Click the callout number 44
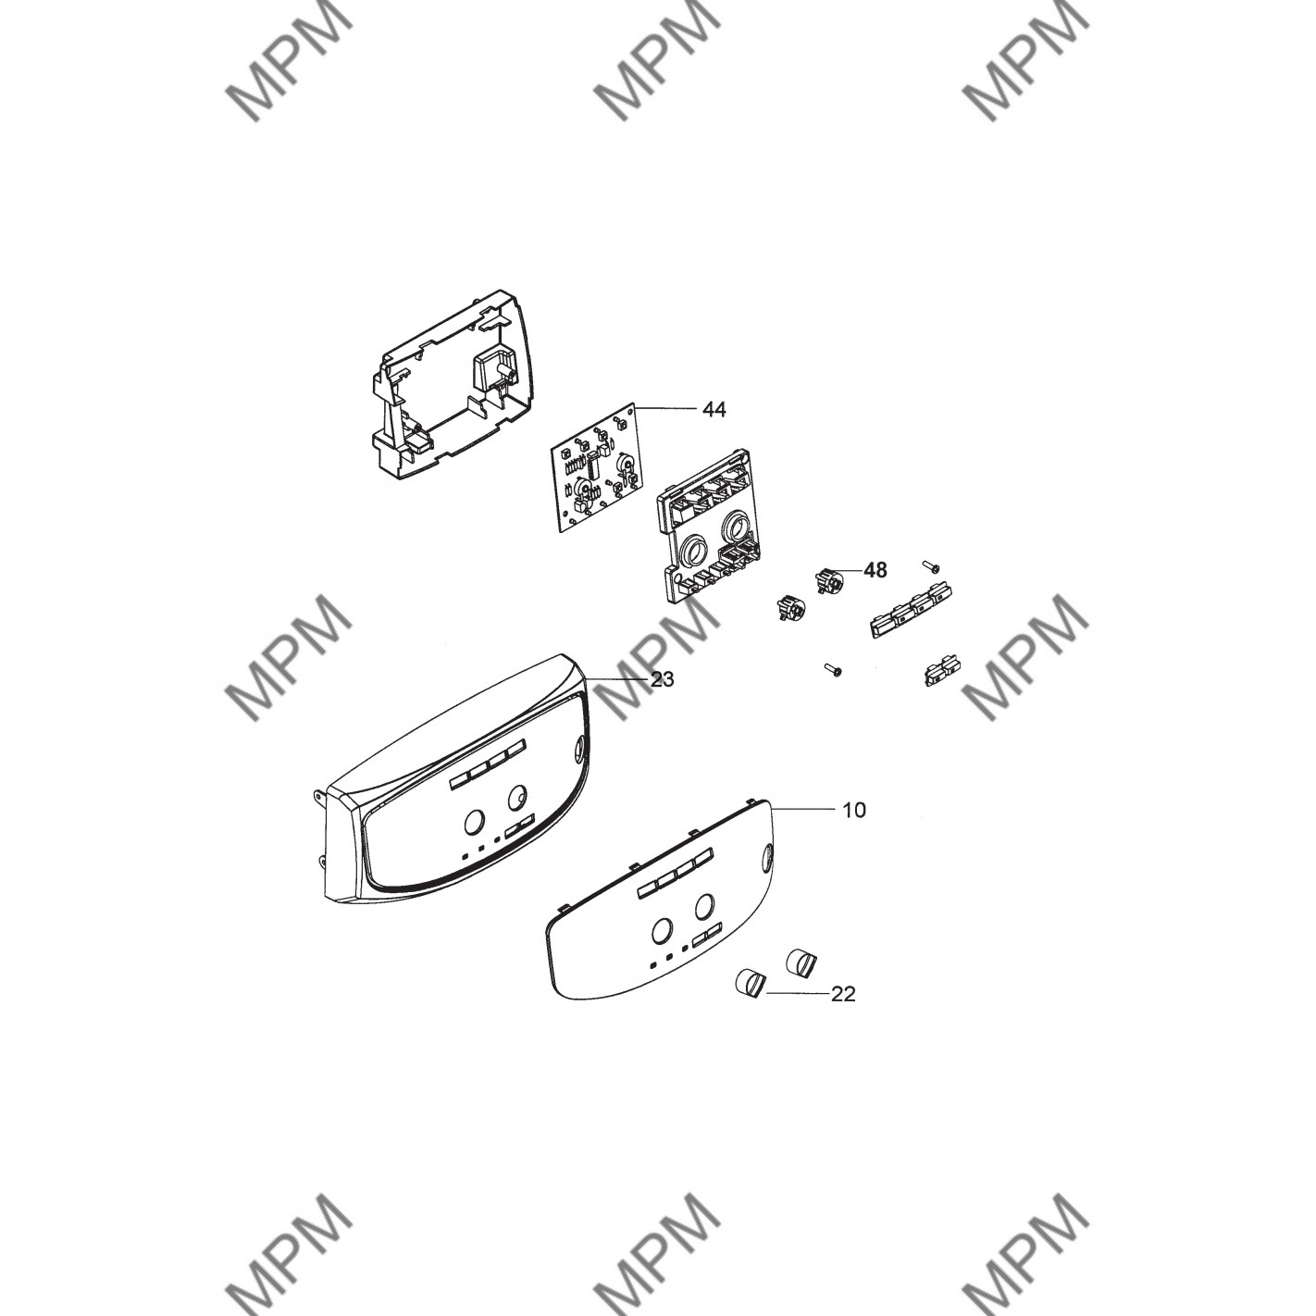[x=714, y=410]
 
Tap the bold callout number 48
[x=875, y=569]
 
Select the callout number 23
[x=662, y=679]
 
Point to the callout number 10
[x=853, y=810]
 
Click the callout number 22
[x=843, y=994]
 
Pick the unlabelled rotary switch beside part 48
[x=788, y=606]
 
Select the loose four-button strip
[x=911, y=609]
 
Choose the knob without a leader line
[x=801, y=962]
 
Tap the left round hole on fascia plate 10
[x=661, y=930]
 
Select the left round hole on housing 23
[x=473, y=822]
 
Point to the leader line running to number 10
[x=803, y=809]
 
